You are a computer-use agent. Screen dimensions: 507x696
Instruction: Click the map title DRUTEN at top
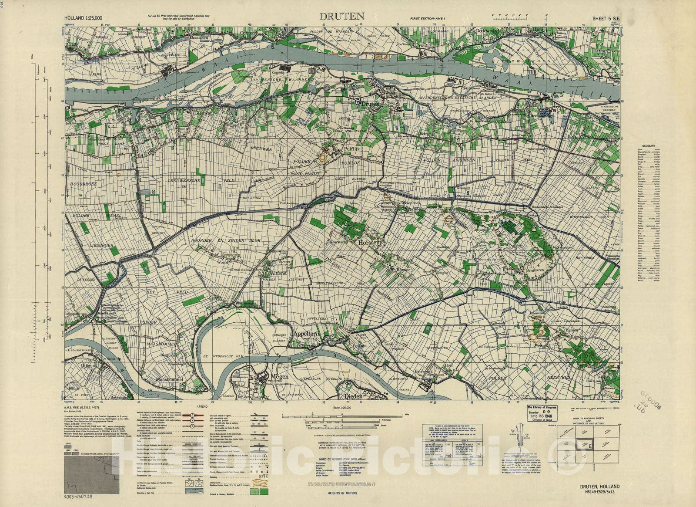pyautogui.click(x=342, y=17)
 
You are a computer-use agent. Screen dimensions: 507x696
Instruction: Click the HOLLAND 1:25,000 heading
pyautogui.click(x=83, y=18)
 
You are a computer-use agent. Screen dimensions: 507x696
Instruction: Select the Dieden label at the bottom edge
pyautogui.click(x=353, y=396)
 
